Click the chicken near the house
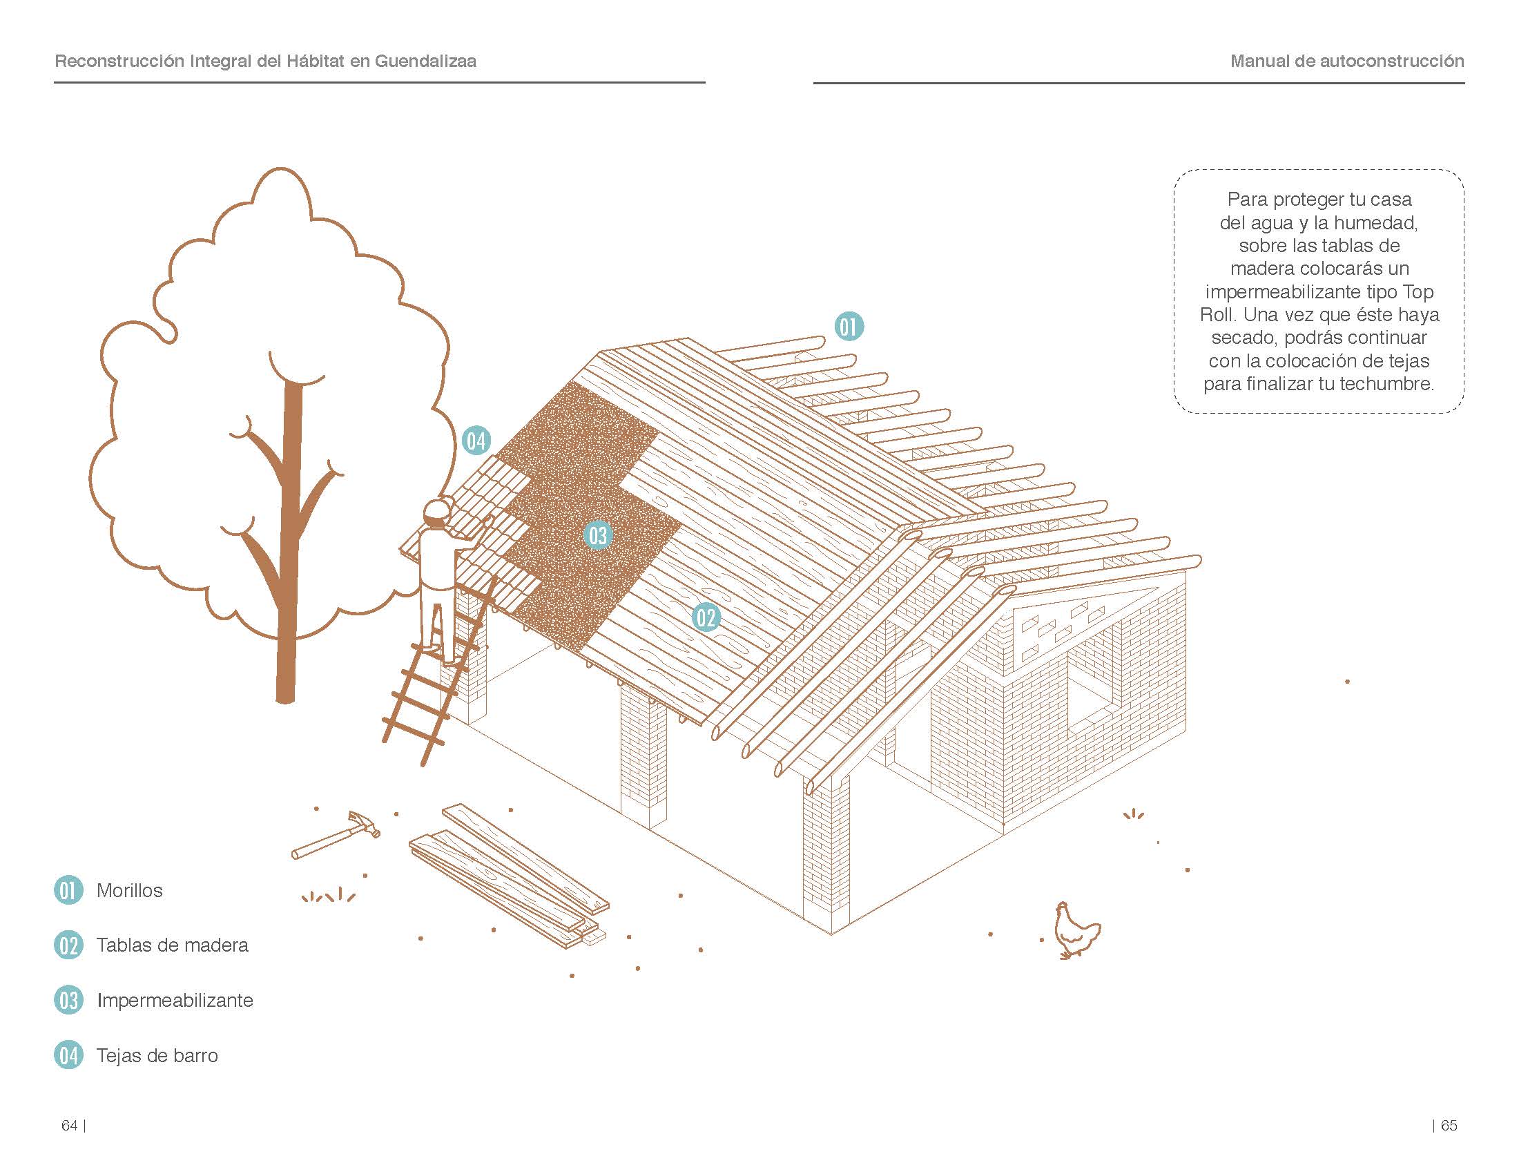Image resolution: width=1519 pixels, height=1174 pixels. (x=1076, y=931)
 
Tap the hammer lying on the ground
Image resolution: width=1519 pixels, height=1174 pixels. (x=336, y=835)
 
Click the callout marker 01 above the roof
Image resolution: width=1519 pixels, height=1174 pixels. (x=849, y=327)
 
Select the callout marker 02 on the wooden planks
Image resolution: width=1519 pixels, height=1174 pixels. (x=706, y=617)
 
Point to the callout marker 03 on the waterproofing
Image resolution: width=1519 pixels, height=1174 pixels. (x=598, y=535)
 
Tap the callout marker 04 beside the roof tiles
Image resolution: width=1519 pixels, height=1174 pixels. (x=476, y=441)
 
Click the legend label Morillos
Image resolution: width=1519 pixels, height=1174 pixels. (x=129, y=890)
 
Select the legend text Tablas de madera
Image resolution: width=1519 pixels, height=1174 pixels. (x=173, y=945)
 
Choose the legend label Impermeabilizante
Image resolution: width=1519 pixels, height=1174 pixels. (x=175, y=1000)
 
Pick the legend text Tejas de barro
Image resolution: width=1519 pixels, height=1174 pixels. (x=157, y=1056)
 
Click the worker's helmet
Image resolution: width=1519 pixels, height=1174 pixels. (x=437, y=510)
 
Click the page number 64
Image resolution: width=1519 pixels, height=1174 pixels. (x=70, y=1126)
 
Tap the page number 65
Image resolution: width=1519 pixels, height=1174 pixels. (x=1449, y=1126)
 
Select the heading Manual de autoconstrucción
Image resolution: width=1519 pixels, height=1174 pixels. (x=1347, y=61)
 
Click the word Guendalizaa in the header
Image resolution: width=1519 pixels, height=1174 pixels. (x=425, y=61)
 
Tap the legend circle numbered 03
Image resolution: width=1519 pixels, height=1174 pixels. (x=68, y=1000)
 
